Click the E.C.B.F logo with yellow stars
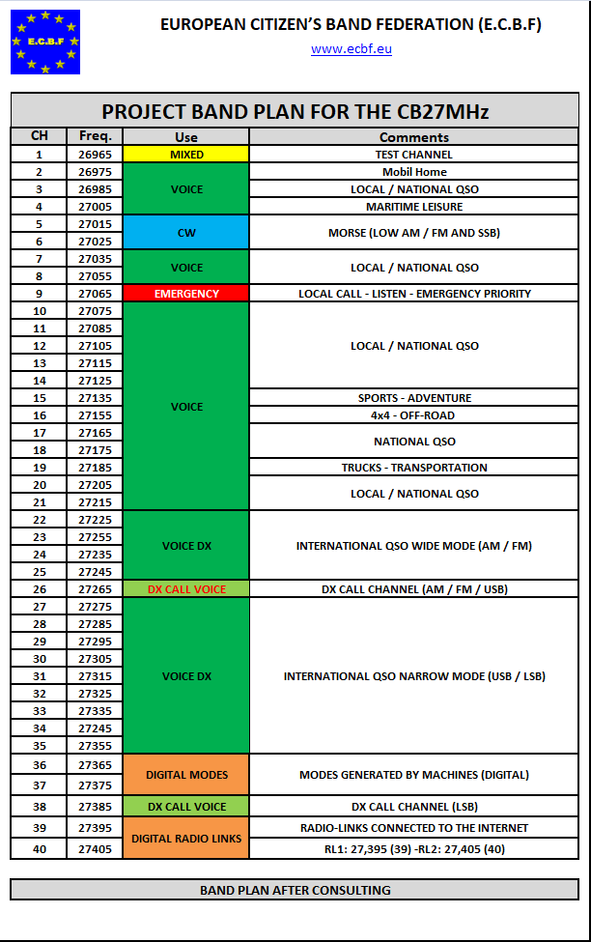[45, 42]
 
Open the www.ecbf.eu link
[351, 49]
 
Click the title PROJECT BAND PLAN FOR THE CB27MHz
[295, 111]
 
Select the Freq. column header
[95, 137]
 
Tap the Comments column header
[414, 137]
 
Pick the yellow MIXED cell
[186, 155]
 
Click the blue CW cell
[186, 233]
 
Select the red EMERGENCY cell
[186, 294]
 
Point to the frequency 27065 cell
[95, 294]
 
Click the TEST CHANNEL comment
[414, 155]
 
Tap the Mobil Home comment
[414, 172]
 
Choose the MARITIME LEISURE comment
[414, 207]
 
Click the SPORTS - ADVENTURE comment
[414, 398]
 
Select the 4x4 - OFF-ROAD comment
[414, 415]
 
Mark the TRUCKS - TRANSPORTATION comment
[414, 468]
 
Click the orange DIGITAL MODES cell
[186, 775]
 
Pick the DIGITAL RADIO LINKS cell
[186, 838]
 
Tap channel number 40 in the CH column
[39, 849]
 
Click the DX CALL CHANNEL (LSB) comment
[414, 807]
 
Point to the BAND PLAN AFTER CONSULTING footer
[295, 890]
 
